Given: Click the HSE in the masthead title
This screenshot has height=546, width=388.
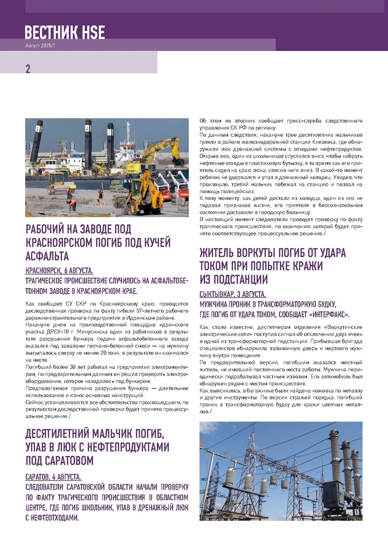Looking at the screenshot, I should pos(92,33).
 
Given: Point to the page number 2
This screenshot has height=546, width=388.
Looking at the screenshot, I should pos(28,69).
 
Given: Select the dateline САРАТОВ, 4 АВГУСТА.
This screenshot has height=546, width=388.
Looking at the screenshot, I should pos(53,477).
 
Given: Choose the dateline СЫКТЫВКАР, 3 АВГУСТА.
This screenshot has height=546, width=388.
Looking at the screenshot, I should pos(233,294).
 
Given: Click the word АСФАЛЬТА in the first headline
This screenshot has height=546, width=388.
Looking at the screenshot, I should pos(47,256).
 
